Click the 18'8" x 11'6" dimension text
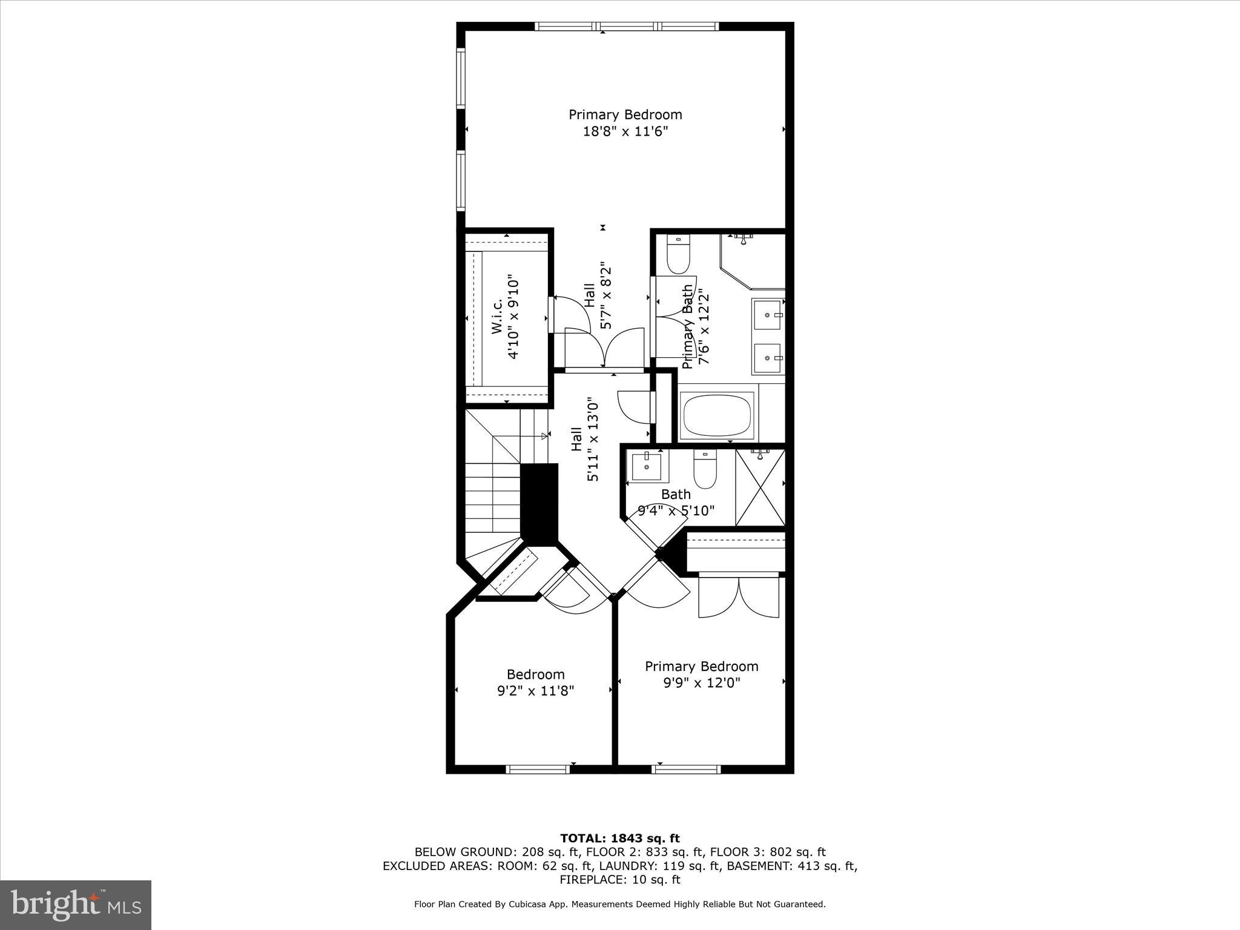(625, 131)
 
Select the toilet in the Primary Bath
(678, 255)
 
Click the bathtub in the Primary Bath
(717, 415)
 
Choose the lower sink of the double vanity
(767, 358)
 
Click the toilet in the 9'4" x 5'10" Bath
(705, 470)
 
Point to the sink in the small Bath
(646, 466)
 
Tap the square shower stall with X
(760, 487)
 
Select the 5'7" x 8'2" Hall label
(598, 295)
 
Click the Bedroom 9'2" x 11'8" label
(535, 682)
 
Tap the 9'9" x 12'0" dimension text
(702, 683)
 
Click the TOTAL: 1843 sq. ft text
(620, 838)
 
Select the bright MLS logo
(76, 904)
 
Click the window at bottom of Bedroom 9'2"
(538, 769)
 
